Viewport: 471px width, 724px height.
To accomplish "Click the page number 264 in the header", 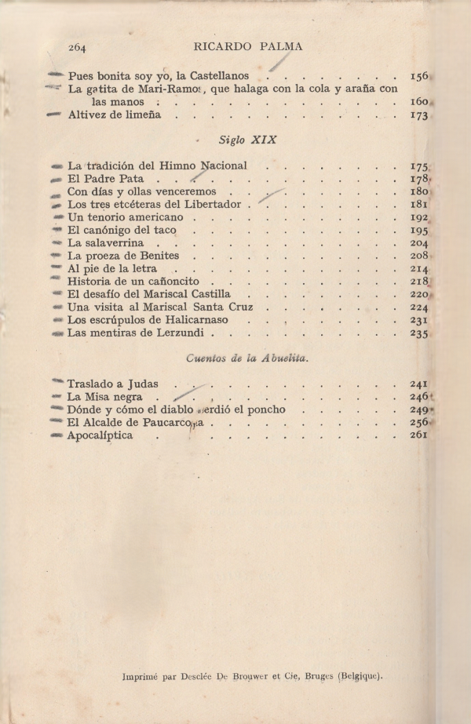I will point(77,47).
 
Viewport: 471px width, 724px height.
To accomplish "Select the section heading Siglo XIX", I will point(240,140).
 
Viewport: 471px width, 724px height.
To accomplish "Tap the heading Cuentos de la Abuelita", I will point(247,358).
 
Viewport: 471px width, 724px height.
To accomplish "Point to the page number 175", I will point(418,166).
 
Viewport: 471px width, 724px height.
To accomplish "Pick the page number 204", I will point(418,243).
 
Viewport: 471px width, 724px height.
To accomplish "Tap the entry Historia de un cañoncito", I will point(133,282).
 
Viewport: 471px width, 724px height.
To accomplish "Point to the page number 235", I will point(418,333).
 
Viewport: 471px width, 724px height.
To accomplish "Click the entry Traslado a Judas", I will point(113,384).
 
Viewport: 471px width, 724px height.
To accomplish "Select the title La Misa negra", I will point(105,398).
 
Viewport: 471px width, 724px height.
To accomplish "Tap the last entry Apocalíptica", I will point(100,436).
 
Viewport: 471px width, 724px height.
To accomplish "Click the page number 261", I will point(418,436).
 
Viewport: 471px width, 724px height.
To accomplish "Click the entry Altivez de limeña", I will point(115,115).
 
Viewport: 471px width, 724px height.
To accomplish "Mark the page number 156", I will point(418,77).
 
